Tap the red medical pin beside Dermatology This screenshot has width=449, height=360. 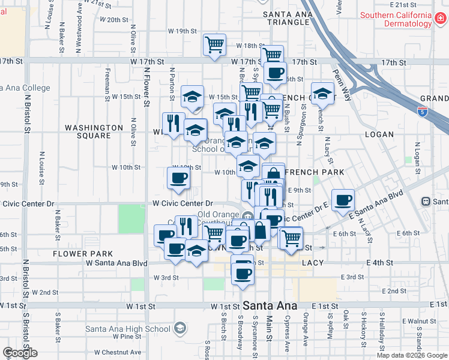point(441,19)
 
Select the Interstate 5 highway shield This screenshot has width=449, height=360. point(423,110)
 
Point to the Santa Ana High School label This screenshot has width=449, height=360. point(127,328)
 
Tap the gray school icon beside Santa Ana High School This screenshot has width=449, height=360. point(179,328)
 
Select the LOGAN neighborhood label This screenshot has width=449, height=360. point(379,134)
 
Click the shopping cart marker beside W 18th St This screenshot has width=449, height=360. point(214,44)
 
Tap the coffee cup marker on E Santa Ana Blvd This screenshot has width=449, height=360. point(343,200)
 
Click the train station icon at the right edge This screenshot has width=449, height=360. point(427,202)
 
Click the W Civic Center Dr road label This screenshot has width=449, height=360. point(183,204)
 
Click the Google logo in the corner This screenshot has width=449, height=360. point(20,353)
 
